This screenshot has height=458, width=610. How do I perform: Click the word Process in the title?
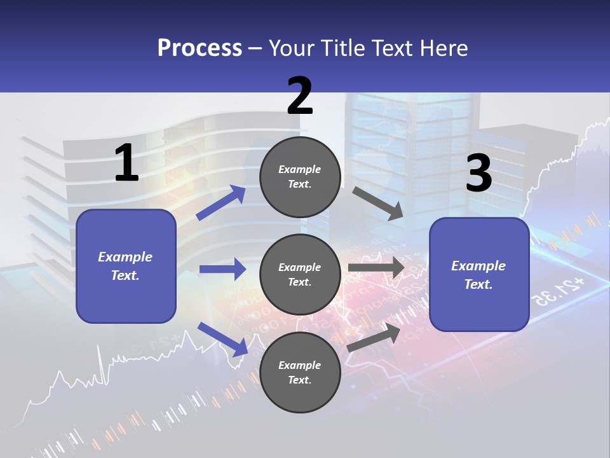[x=200, y=48]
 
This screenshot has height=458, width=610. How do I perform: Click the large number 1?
[x=126, y=163]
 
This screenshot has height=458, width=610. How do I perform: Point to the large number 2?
[x=300, y=96]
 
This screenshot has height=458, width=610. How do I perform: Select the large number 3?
[x=478, y=174]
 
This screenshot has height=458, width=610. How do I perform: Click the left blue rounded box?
[x=126, y=266]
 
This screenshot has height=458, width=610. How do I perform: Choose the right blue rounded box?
[x=479, y=275]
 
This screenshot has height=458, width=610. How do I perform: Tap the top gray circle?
[x=300, y=177]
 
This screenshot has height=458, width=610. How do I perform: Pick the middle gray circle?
[x=300, y=275]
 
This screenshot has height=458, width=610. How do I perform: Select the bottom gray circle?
[x=300, y=372]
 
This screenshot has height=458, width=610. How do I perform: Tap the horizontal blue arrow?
[x=222, y=269]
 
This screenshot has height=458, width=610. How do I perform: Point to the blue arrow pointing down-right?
[x=222, y=338]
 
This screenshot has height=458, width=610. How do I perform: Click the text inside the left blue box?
[x=125, y=266]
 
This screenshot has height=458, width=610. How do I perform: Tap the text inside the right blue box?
[x=478, y=275]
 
